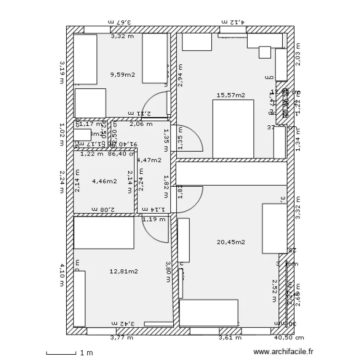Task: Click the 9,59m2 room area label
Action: coord(122,74)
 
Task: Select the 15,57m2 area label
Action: coord(231,96)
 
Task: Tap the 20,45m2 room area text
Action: coord(231,242)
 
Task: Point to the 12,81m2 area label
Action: coord(124,271)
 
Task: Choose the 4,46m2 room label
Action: coord(104,181)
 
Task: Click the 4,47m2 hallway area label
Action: coord(149,160)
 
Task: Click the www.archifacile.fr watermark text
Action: coord(286,352)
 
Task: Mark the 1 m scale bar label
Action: coord(86,353)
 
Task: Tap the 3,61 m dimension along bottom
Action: coord(228,338)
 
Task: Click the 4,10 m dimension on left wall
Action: coord(61,274)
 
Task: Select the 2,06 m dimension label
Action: coord(142,124)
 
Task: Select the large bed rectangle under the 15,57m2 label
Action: coord(233,129)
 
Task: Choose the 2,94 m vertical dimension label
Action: coord(180,75)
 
